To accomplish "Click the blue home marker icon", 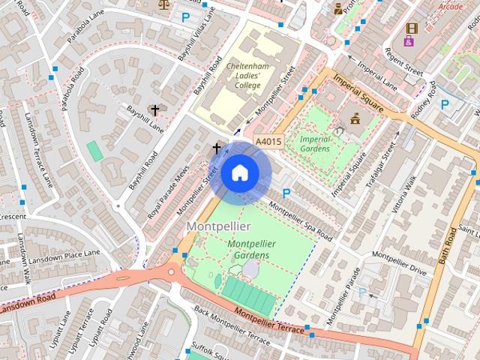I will coord(239,173).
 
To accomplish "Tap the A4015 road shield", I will coord(268,141).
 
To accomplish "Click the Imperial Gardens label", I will coord(315,143).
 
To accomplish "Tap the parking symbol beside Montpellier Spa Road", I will coord(286,193).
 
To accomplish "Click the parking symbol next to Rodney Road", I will coord(445,105).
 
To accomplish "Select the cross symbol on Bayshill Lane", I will coord(155,110).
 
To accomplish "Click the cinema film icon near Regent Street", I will coord(410,28).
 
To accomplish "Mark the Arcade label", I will coord(450,7).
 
